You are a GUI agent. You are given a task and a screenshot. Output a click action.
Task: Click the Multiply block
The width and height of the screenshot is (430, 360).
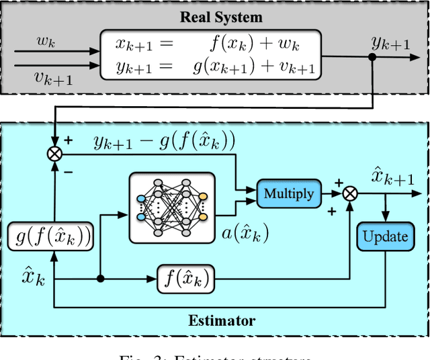coord(288,194)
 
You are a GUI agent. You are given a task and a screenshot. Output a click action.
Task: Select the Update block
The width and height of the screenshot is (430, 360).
coord(385,236)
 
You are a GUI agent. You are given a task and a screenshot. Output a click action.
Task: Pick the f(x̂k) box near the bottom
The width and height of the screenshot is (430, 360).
coord(186,277)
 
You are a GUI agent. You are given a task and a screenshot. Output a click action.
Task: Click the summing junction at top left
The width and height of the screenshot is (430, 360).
coord(53,154)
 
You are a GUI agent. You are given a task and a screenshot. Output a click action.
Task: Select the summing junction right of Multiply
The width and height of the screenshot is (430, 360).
coord(349,193)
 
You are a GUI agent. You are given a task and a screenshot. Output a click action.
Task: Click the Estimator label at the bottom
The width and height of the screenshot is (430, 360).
coord(222,320)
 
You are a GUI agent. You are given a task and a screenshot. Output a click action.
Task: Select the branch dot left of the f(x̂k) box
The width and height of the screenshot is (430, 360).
coord(100,277)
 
